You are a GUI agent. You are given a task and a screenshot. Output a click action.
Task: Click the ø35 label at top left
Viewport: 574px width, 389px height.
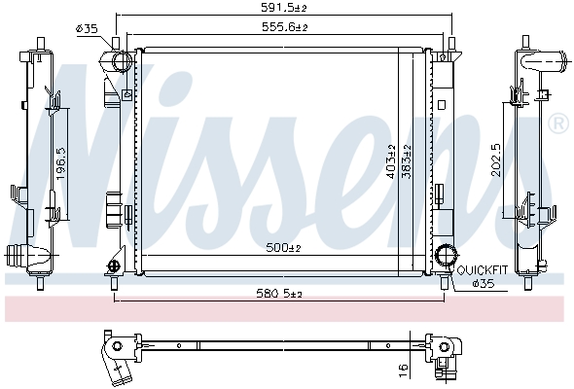coord(87,29)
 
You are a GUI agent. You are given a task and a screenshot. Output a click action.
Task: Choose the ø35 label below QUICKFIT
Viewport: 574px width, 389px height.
coord(483,283)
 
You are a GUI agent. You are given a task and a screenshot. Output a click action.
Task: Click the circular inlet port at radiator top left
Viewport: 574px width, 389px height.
coord(121,60)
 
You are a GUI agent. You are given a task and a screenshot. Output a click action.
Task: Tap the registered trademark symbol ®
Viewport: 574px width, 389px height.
coord(557,124)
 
